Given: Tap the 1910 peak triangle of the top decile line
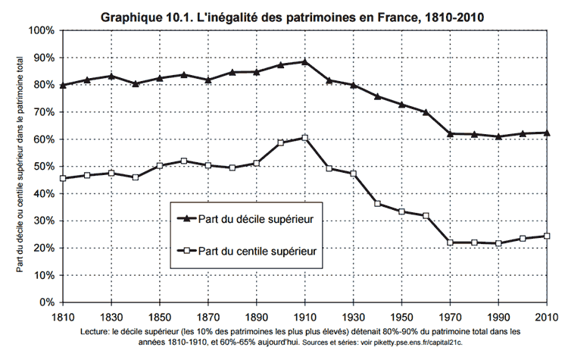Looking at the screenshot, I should coord(304,61).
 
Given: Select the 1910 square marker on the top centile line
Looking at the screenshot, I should coord(304,138).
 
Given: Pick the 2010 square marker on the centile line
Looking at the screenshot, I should coord(546,236).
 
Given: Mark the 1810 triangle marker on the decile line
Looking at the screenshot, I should coord(62,85).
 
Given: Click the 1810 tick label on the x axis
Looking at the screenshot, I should coord(62,315).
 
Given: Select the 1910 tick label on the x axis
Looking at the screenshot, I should coord(304,315).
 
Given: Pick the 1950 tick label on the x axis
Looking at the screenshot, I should coord(401,315).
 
